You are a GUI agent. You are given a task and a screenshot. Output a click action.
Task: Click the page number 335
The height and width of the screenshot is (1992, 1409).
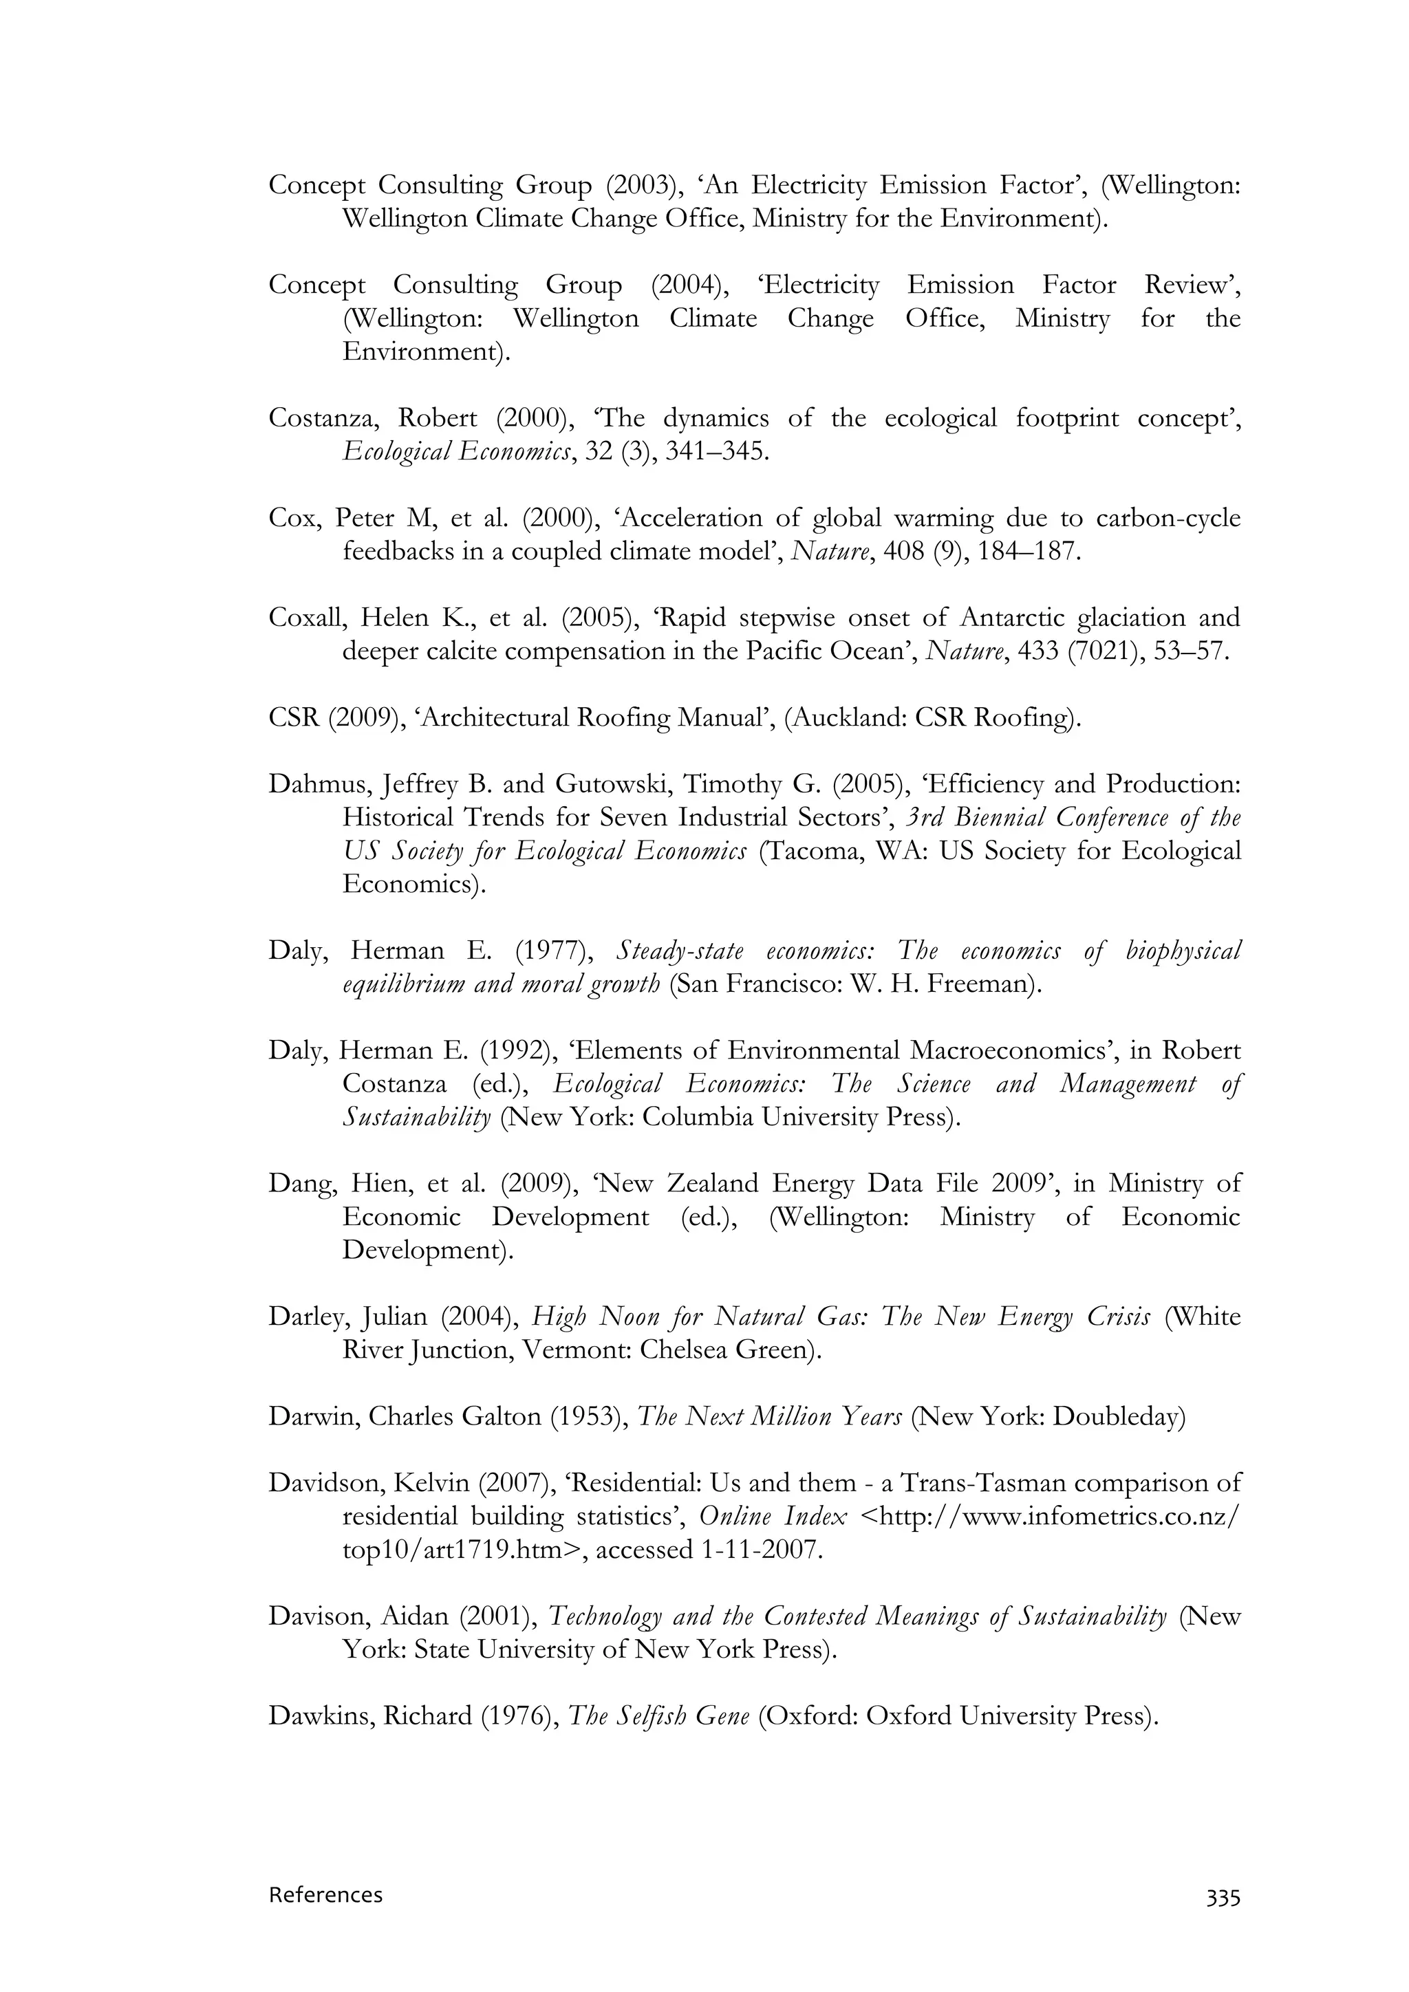click(x=1223, y=1898)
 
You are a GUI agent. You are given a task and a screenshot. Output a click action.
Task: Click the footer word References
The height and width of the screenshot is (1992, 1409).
click(x=325, y=1895)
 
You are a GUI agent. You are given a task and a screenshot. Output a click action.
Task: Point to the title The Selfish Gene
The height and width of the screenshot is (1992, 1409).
click(x=658, y=1715)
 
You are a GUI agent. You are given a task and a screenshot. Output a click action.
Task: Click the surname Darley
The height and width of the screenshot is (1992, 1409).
click(x=307, y=1316)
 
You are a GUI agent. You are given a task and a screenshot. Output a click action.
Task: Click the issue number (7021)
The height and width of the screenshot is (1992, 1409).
click(x=1104, y=651)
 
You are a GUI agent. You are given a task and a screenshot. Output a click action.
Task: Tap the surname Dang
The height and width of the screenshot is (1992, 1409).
click(x=299, y=1183)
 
